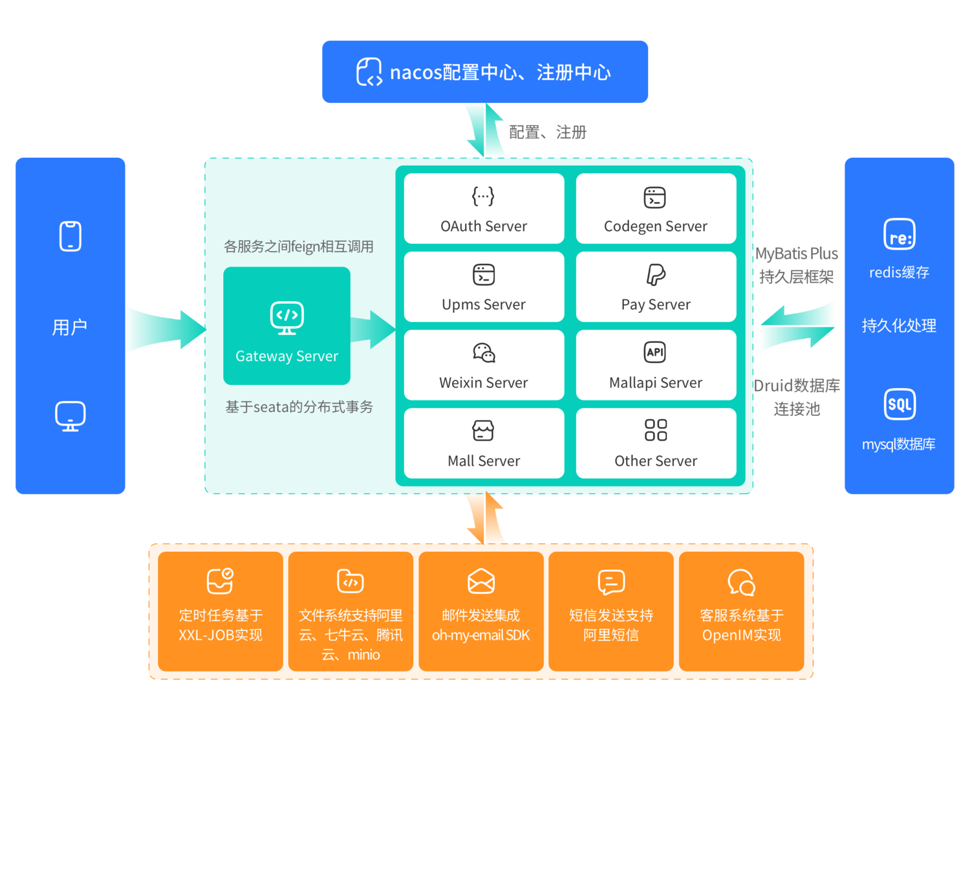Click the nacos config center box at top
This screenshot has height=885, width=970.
tap(485, 72)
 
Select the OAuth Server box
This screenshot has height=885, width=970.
tap(484, 208)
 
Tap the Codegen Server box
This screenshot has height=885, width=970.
tap(656, 208)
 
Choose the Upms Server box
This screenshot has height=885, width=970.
tap(484, 287)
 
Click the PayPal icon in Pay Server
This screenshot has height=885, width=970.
tap(656, 275)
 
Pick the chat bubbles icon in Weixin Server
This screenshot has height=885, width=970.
tap(484, 353)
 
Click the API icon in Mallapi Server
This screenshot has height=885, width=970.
tap(655, 352)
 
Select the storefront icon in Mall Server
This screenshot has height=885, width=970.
tap(483, 430)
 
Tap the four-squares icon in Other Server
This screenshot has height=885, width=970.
tap(656, 430)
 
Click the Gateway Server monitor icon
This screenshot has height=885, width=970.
tap(287, 318)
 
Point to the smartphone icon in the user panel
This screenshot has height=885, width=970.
tap(70, 236)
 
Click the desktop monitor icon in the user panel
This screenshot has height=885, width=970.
tap(70, 416)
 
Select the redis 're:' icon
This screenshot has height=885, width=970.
tap(900, 235)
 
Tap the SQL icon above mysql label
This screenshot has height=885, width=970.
tap(900, 404)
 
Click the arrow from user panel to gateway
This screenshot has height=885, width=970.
tap(165, 329)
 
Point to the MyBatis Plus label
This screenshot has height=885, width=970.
tap(797, 254)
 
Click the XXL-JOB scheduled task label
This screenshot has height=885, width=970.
tap(221, 625)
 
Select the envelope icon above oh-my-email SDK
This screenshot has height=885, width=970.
tap(481, 581)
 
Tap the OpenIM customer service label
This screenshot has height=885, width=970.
tap(742, 625)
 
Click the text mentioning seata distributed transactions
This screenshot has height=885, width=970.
tap(299, 407)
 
